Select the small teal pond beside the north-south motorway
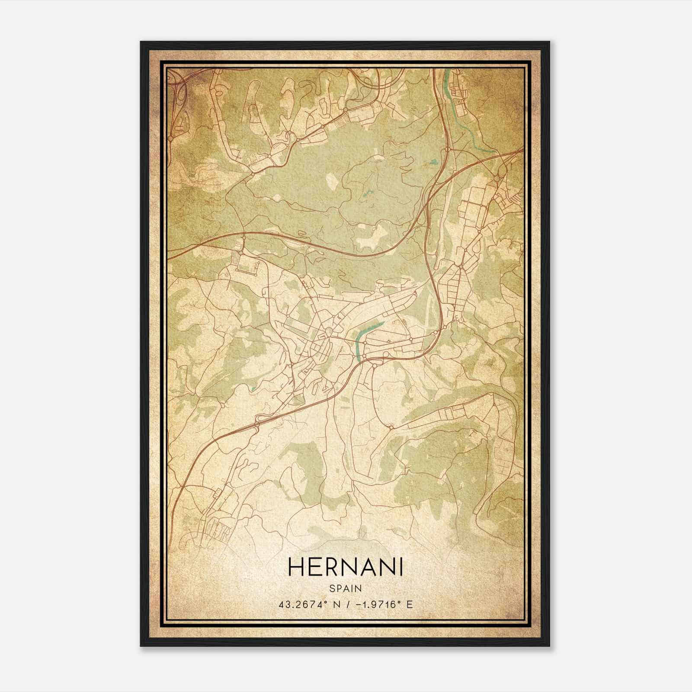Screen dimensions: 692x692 (433, 163)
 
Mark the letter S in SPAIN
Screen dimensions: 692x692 (332, 589)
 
